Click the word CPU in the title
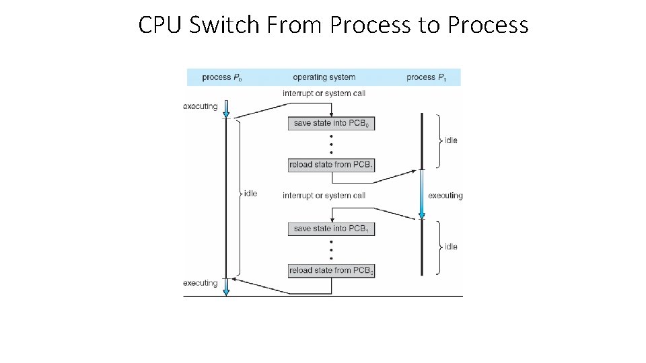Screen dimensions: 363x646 161,25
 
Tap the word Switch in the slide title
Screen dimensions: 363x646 223,25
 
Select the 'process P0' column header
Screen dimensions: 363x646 222,77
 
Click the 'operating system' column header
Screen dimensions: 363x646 324,77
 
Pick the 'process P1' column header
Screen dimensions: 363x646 425,77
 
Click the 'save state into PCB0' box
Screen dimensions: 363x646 331,123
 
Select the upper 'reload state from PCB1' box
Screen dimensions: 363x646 331,165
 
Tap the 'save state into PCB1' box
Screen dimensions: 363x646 331,229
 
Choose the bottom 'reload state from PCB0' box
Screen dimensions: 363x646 331,270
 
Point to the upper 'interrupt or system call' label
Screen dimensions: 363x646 324,93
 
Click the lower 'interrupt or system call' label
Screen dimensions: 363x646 324,196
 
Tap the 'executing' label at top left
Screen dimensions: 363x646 200,106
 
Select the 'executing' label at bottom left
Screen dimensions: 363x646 200,283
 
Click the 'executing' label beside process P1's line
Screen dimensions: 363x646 445,196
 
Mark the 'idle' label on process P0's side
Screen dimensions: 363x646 250,194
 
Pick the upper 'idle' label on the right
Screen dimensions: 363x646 451,140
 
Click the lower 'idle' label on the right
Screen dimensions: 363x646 451,247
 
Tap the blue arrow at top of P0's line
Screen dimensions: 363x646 226,109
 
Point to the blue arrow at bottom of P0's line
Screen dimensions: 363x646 226,286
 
